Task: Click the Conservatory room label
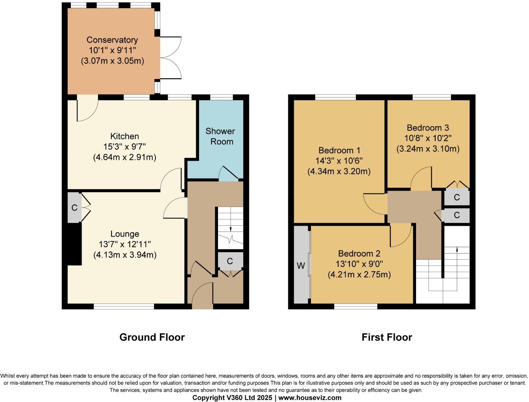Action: [x=112, y=40]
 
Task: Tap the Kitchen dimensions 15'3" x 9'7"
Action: [x=124, y=147]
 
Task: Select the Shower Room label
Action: [x=221, y=136]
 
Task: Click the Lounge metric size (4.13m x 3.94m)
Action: [x=125, y=255]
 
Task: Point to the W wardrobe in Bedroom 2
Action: [x=301, y=266]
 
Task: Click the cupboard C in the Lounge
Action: [x=74, y=208]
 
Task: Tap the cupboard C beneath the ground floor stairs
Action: [x=230, y=261]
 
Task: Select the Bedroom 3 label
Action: [x=428, y=128]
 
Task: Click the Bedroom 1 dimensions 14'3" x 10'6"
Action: [x=339, y=161]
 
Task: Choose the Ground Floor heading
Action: [x=152, y=337]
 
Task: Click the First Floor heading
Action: [x=387, y=337]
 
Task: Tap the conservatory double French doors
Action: [x=171, y=58]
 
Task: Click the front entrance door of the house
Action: [x=202, y=295]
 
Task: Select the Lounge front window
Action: [x=124, y=306]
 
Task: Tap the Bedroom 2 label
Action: [x=359, y=253]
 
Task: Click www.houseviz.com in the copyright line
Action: [x=310, y=398]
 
